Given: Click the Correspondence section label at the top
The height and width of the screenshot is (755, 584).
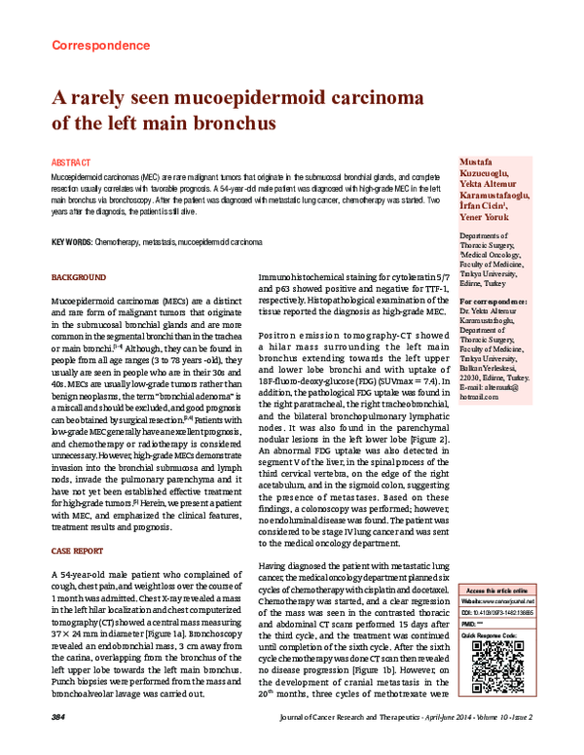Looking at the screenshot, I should pos(94,45).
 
